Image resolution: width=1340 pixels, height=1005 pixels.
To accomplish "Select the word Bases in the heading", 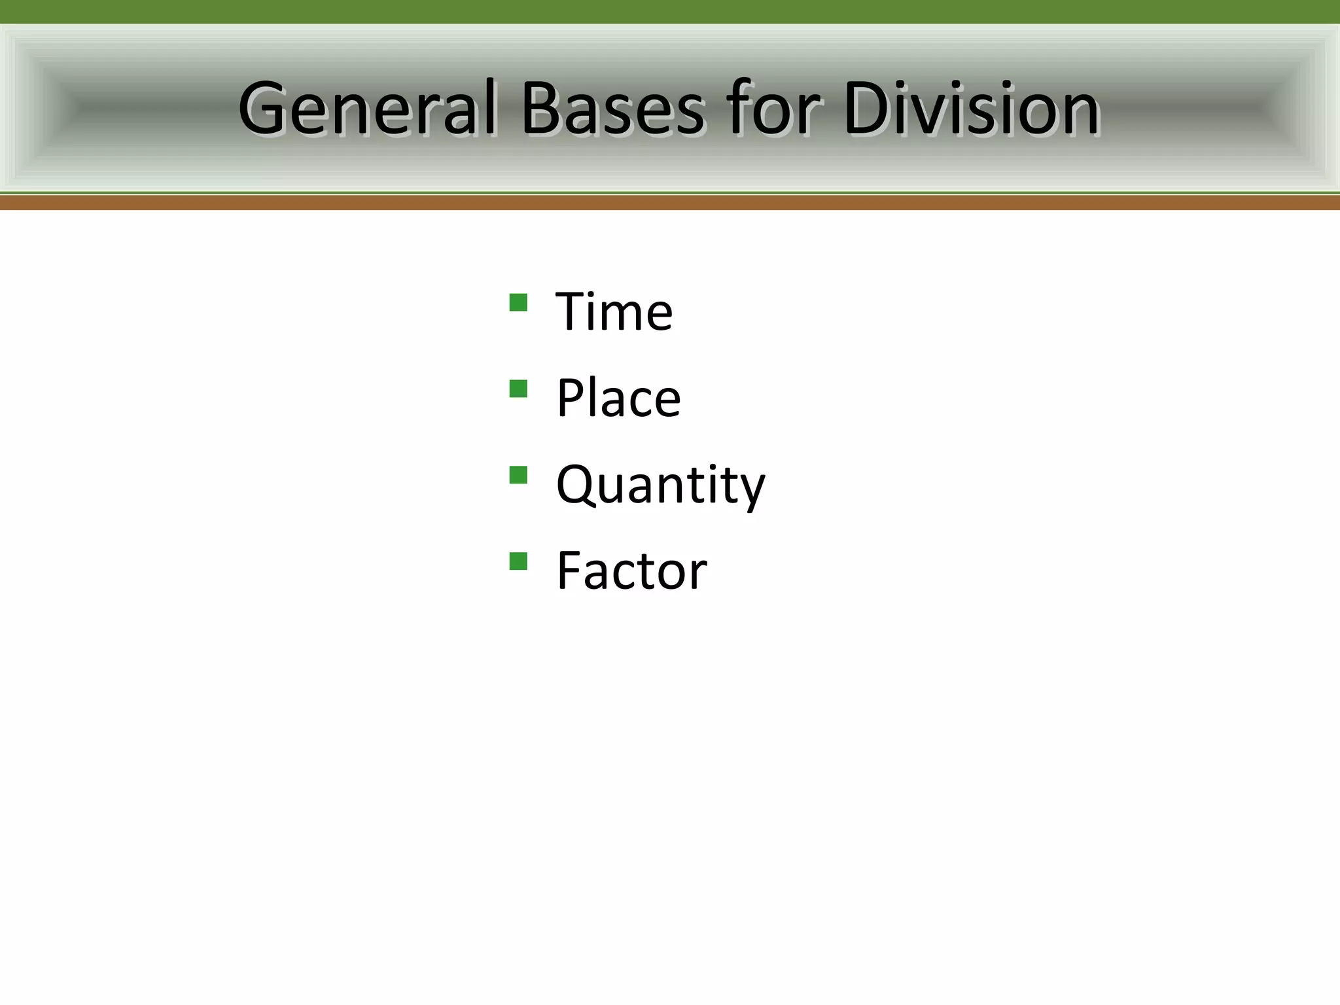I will [612, 109].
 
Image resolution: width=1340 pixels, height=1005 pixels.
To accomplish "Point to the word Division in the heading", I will [971, 109].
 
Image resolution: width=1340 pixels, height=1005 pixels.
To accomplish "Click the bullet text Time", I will [614, 311].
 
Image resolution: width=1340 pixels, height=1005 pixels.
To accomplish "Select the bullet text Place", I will [618, 398].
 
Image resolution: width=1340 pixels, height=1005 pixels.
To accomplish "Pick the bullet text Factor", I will [631, 571].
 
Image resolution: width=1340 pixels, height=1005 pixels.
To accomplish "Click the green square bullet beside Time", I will [518, 302].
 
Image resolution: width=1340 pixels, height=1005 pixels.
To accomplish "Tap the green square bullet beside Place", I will [518, 389].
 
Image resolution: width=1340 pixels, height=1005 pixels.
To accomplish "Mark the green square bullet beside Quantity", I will [518, 475].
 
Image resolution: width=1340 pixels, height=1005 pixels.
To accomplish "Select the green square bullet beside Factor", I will [518, 561].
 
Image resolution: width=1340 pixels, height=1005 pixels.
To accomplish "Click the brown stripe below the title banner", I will [670, 203].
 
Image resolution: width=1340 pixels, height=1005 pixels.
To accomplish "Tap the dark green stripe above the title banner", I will [670, 12].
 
